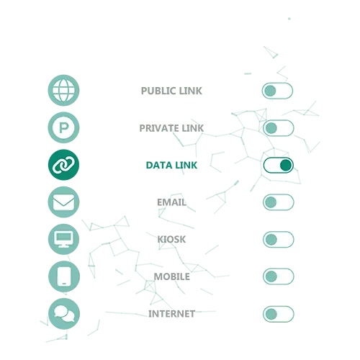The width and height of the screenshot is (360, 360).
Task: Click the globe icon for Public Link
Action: (x=63, y=90)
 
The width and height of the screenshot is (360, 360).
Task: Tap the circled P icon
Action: (x=63, y=127)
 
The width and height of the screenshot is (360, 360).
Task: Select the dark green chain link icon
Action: (x=63, y=165)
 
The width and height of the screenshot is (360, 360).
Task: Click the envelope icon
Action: (x=63, y=202)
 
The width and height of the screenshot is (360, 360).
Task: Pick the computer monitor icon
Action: (x=63, y=239)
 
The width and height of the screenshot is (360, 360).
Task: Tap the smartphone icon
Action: (x=64, y=276)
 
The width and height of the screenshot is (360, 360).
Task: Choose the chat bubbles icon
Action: (x=64, y=314)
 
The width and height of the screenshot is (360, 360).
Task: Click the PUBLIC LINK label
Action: (x=171, y=91)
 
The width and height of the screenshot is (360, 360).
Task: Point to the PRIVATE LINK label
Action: (x=171, y=128)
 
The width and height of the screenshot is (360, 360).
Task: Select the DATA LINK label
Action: (x=171, y=165)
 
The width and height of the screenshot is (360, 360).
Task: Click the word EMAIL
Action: (x=171, y=202)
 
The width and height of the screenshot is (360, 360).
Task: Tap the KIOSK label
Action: (x=171, y=239)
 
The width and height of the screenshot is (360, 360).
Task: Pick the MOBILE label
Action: (x=171, y=276)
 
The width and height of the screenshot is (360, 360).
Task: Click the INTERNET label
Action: (x=171, y=314)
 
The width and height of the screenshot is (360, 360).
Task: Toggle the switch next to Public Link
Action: (x=277, y=91)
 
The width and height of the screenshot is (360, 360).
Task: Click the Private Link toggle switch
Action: (x=279, y=128)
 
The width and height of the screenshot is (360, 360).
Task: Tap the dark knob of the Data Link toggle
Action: (x=286, y=165)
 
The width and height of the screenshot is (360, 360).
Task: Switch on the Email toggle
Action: (x=279, y=202)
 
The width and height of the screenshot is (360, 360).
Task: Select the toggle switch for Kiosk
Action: (x=279, y=239)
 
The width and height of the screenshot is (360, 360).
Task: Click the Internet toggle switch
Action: (x=279, y=314)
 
